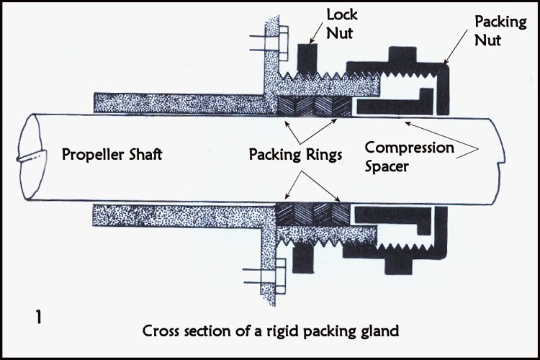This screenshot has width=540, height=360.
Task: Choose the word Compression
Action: (x=409, y=148)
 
